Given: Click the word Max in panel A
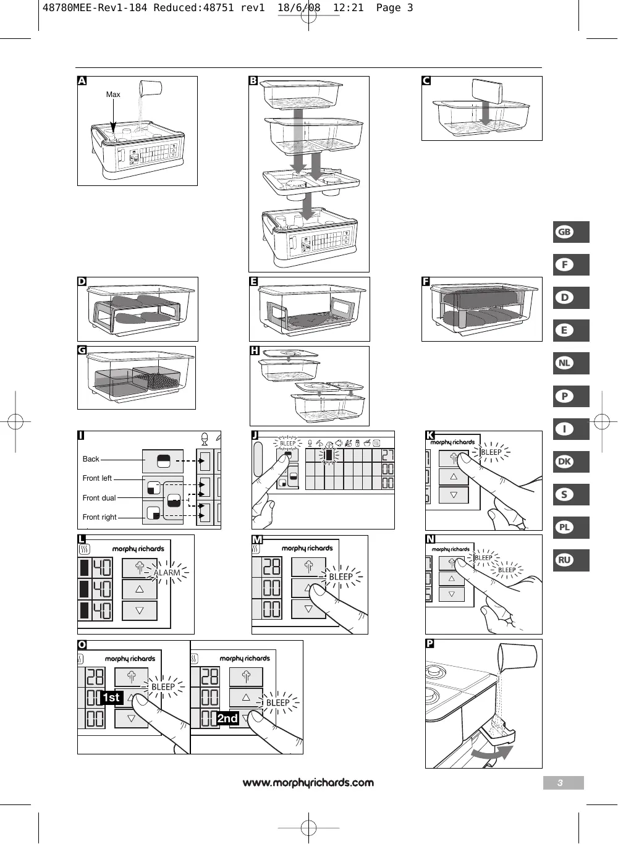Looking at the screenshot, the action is [x=113, y=95].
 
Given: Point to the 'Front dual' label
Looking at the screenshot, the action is [x=99, y=498].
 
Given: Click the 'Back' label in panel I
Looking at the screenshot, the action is [x=91, y=459].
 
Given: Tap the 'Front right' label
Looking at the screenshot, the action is [x=99, y=517].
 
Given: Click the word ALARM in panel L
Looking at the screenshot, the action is [x=167, y=573].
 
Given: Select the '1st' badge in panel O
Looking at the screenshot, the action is [x=111, y=698].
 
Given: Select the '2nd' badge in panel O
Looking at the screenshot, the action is [x=227, y=718].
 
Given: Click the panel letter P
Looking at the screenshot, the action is [x=430, y=644].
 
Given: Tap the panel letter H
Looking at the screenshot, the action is [x=255, y=350].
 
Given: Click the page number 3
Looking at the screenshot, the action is [x=561, y=783].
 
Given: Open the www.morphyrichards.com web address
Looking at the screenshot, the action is [x=308, y=783].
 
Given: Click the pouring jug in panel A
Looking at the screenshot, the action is [x=150, y=88].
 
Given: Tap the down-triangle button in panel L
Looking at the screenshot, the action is [x=140, y=610].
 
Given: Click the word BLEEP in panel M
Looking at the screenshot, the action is [x=341, y=576].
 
